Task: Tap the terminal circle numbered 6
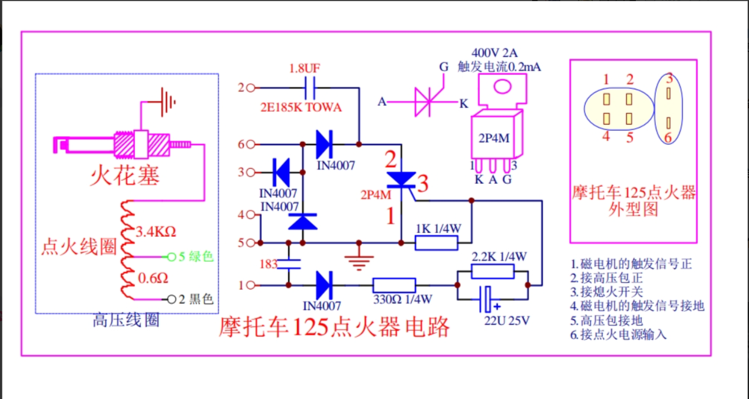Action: point(250,144)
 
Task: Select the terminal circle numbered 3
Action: point(250,172)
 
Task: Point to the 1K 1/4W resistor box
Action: point(436,242)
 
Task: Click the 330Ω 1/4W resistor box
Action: point(394,285)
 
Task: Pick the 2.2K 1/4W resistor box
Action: point(493,271)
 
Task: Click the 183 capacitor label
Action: point(269,264)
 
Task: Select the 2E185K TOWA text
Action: point(301,108)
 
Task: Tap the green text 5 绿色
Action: point(196,257)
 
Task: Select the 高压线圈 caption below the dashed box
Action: point(126,321)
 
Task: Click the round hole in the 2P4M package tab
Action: point(501,87)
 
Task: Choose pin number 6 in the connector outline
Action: point(669,137)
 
